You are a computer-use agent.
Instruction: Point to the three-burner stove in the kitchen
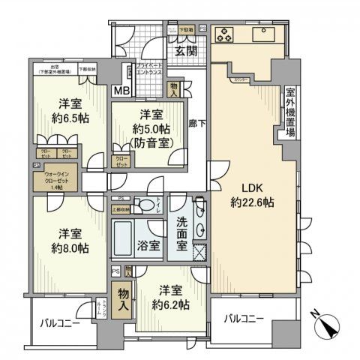click(x=226, y=34)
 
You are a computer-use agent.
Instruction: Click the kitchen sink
click(x=265, y=34)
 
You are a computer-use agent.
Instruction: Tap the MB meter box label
click(x=120, y=91)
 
